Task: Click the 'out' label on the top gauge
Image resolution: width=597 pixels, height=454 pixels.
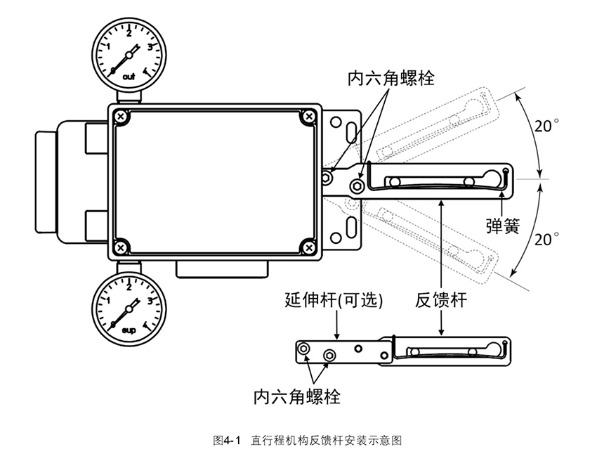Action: coord(129,75)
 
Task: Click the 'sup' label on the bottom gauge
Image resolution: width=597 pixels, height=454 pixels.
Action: coord(129,329)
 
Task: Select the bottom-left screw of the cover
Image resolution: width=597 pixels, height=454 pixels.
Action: coord(122,246)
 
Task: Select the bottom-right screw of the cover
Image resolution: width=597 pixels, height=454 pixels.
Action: coord(308,246)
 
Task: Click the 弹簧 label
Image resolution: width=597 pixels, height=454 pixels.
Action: coord(502,226)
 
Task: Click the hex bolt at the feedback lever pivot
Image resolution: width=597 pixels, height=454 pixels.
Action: coord(356,185)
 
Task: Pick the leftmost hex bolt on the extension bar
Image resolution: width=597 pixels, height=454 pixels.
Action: coord(303,349)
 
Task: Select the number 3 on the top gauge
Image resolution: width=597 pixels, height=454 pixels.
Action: coord(150,47)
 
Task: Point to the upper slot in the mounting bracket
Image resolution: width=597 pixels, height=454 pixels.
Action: coord(349,127)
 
